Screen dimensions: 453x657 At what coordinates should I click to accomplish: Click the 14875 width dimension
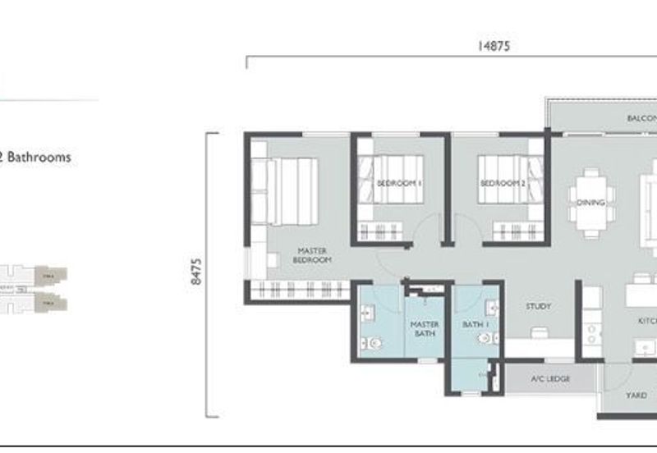coord(494,47)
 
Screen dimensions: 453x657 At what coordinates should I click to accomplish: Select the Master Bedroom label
coord(314,254)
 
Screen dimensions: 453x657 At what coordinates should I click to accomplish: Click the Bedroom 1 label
coord(399,184)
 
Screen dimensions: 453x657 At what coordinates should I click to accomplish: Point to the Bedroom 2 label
coord(503,184)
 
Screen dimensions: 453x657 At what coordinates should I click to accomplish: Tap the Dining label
coord(590,203)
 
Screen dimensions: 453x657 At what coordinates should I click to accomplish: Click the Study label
coord(538,307)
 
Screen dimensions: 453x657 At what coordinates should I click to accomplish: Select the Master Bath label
coord(425,329)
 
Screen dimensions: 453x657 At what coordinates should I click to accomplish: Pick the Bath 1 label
coord(475,325)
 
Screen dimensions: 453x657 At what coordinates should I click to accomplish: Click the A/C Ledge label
coord(550,379)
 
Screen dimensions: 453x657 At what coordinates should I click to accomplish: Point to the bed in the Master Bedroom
coord(284,190)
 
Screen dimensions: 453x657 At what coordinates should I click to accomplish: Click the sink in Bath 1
coord(492,309)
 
